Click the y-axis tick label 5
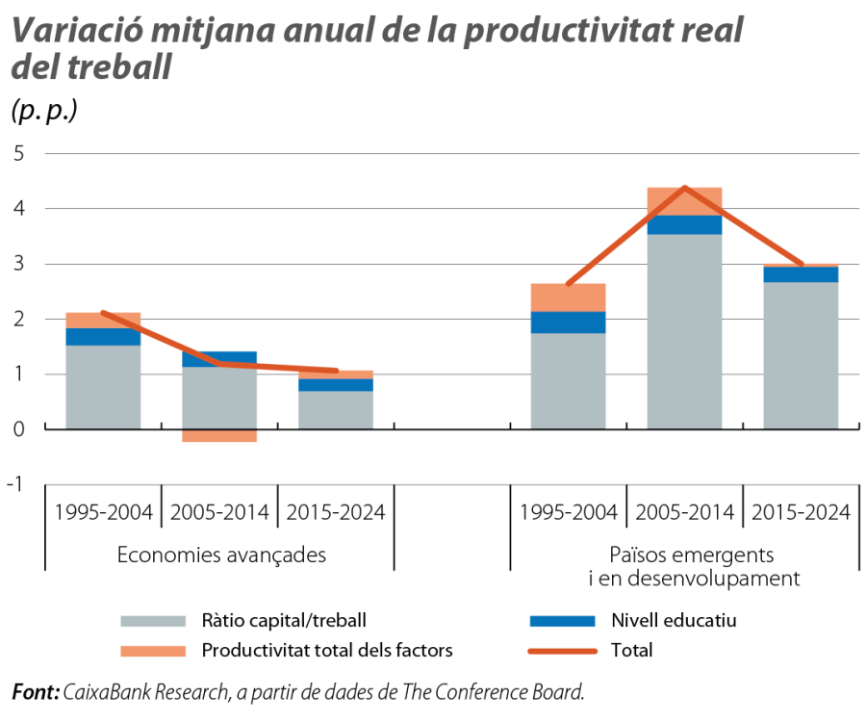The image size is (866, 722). (x=18, y=154)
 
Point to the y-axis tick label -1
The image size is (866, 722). (x=15, y=484)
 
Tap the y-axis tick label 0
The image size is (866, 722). (x=18, y=429)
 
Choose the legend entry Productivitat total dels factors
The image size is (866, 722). (x=326, y=651)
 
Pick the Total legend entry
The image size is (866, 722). (x=631, y=651)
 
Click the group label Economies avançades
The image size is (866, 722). (x=220, y=555)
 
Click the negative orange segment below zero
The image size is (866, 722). (x=219, y=436)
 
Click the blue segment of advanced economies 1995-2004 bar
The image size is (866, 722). (x=103, y=337)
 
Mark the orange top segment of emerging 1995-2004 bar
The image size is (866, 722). (x=568, y=297)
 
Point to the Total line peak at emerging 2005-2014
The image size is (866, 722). (x=684, y=187)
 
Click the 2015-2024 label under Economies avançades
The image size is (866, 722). (x=336, y=511)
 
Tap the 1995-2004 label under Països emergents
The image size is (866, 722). (x=568, y=511)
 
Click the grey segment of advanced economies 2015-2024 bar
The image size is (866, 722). (x=336, y=409)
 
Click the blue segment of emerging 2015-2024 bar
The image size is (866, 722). (x=801, y=274)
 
